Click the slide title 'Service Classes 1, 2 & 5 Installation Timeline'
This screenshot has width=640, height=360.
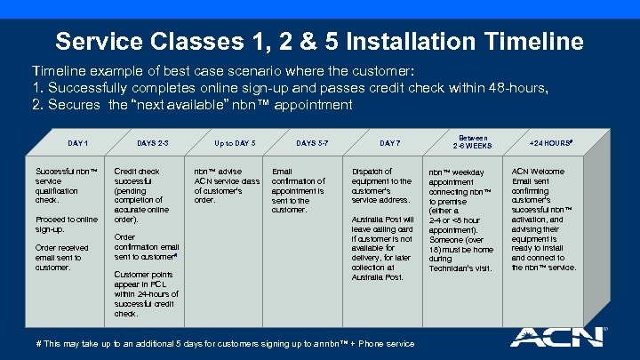[319, 41]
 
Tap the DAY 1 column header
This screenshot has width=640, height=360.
[78, 143]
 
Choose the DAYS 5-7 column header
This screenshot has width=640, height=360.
[311, 143]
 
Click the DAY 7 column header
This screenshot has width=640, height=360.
[389, 143]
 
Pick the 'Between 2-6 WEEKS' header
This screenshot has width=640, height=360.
[474, 142]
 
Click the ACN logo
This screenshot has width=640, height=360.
[556, 339]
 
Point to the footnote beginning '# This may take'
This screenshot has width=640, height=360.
[224, 343]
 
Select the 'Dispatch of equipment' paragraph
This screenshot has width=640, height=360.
[381, 186]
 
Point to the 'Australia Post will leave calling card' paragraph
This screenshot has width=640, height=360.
[383, 248]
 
